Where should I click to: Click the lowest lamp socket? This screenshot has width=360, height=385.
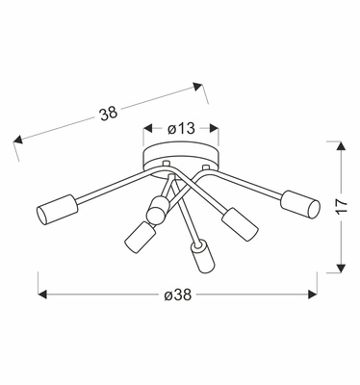200,257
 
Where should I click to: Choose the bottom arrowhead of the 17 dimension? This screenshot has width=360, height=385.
339,268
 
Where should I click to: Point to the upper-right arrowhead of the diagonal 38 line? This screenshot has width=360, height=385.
200,88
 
